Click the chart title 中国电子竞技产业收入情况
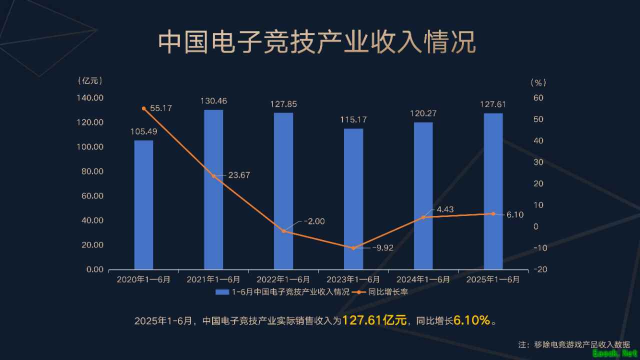pos(317,42)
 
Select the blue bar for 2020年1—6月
pos(143,204)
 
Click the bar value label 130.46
pos(213,101)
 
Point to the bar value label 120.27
pos(423,113)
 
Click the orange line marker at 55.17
pos(143,108)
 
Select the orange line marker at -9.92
pos(353,248)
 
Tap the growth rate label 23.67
pos(239,175)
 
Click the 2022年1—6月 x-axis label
pos(283,279)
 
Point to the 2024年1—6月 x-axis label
pos(423,279)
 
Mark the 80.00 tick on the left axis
pos(91,171)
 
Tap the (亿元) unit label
pos(90,80)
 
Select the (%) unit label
pos(538,82)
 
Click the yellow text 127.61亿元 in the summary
pos(374,320)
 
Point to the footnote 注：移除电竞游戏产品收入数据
pos(574,344)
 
